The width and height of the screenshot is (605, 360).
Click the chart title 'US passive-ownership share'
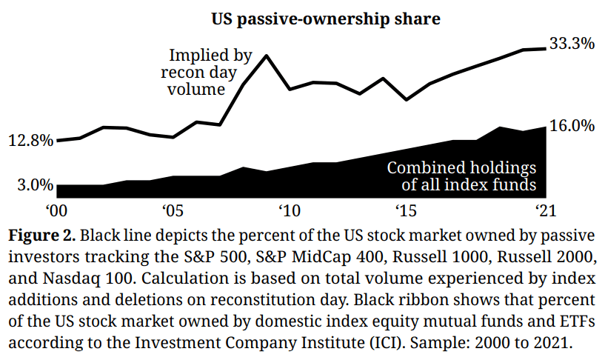[x=326, y=18]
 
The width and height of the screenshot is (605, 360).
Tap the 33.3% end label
[x=571, y=44]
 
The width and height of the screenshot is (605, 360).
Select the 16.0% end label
[x=571, y=126]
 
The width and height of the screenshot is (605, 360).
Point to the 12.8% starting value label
[x=30, y=140]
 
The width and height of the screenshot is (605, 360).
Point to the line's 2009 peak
[x=266, y=56]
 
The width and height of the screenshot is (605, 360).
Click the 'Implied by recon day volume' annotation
[x=203, y=73]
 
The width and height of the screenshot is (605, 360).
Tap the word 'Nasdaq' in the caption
[x=64, y=280]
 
